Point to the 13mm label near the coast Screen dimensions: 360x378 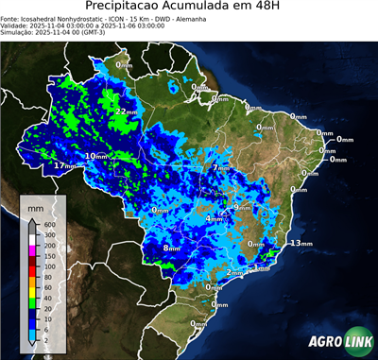[x=301, y=243]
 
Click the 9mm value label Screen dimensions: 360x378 [x=242, y=207]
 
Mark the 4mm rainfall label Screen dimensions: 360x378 [x=214, y=218]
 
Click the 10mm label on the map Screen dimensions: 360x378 [x=95, y=156]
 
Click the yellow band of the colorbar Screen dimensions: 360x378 [x=33, y=292]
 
